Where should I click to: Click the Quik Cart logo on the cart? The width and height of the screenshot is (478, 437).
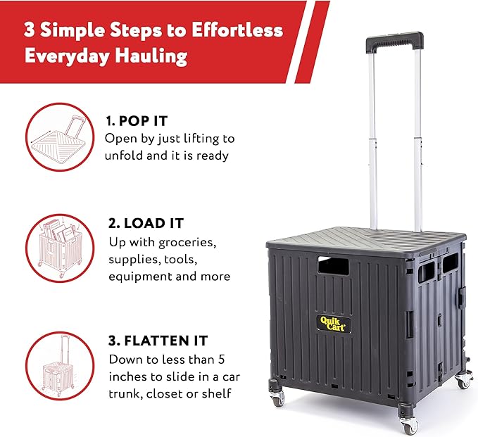click(x=335, y=324)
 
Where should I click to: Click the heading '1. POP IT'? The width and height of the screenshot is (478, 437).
click(x=138, y=120)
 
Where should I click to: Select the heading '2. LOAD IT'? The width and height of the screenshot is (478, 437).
click(x=146, y=223)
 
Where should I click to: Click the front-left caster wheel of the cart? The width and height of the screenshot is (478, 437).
click(x=277, y=398)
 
